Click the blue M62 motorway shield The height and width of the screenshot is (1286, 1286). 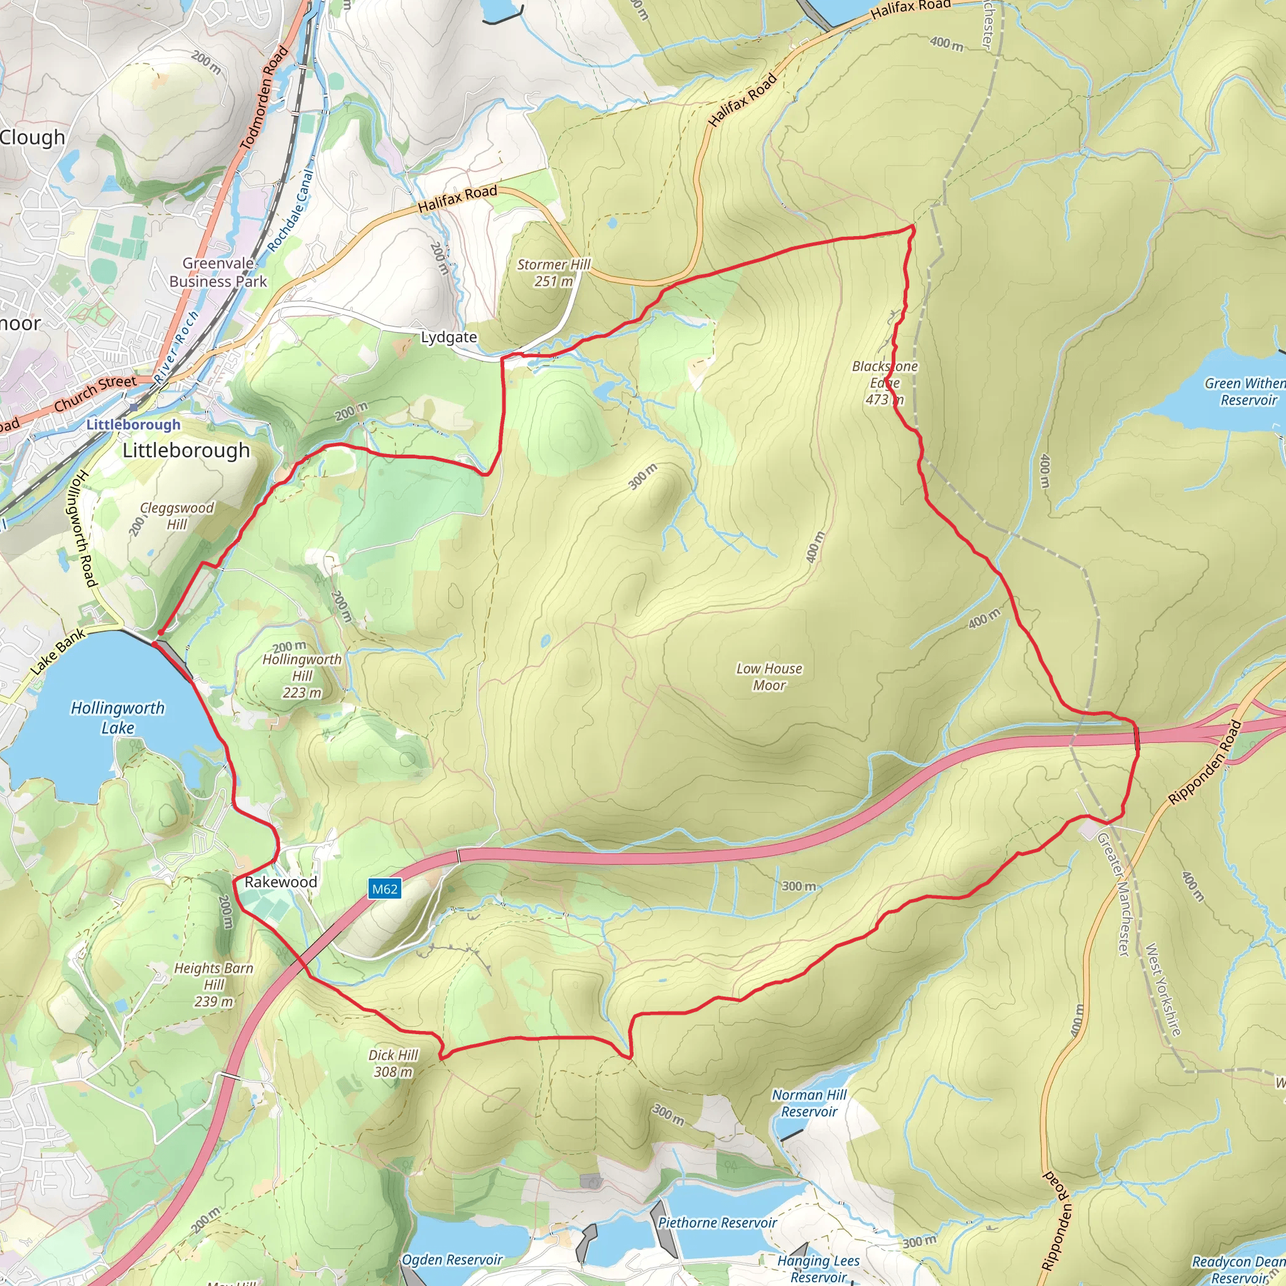[x=385, y=889]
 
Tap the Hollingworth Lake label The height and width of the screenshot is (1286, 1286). [x=118, y=718]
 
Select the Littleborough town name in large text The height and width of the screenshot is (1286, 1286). [x=186, y=451]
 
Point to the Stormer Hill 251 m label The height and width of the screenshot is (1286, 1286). [x=553, y=273]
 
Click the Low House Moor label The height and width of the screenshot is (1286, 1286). [x=769, y=677]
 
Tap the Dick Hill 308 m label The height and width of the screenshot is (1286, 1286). [x=392, y=1063]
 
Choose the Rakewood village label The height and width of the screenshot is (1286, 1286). [x=280, y=882]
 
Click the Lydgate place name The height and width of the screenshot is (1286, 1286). [x=448, y=337]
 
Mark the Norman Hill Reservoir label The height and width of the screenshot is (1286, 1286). [x=809, y=1103]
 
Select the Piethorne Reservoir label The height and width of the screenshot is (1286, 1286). [x=717, y=1223]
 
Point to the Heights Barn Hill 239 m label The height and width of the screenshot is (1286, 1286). [x=213, y=985]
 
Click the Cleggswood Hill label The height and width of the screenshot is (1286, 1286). [x=176, y=516]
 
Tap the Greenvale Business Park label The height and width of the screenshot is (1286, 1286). [x=218, y=273]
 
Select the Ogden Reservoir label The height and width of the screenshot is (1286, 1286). [x=451, y=1260]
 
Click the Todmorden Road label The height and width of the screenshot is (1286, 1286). [x=264, y=98]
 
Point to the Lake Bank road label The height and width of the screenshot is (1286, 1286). [x=58, y=651]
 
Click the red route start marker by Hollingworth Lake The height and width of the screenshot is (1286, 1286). [x=159, y=633]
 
